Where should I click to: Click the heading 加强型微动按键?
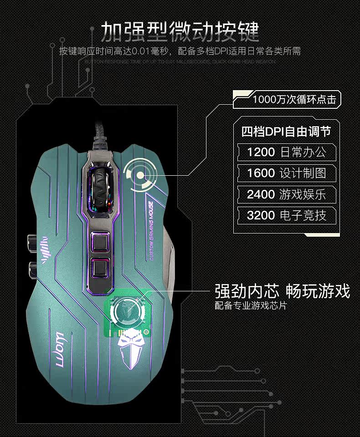180,30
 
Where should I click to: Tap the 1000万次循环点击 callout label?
293,99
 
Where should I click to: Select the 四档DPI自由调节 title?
286,132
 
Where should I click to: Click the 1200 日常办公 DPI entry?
287,152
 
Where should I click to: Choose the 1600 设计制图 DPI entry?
287,173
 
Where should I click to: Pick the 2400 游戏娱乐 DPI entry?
287,194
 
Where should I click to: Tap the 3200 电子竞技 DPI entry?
287,215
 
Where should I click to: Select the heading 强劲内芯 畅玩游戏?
282,291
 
